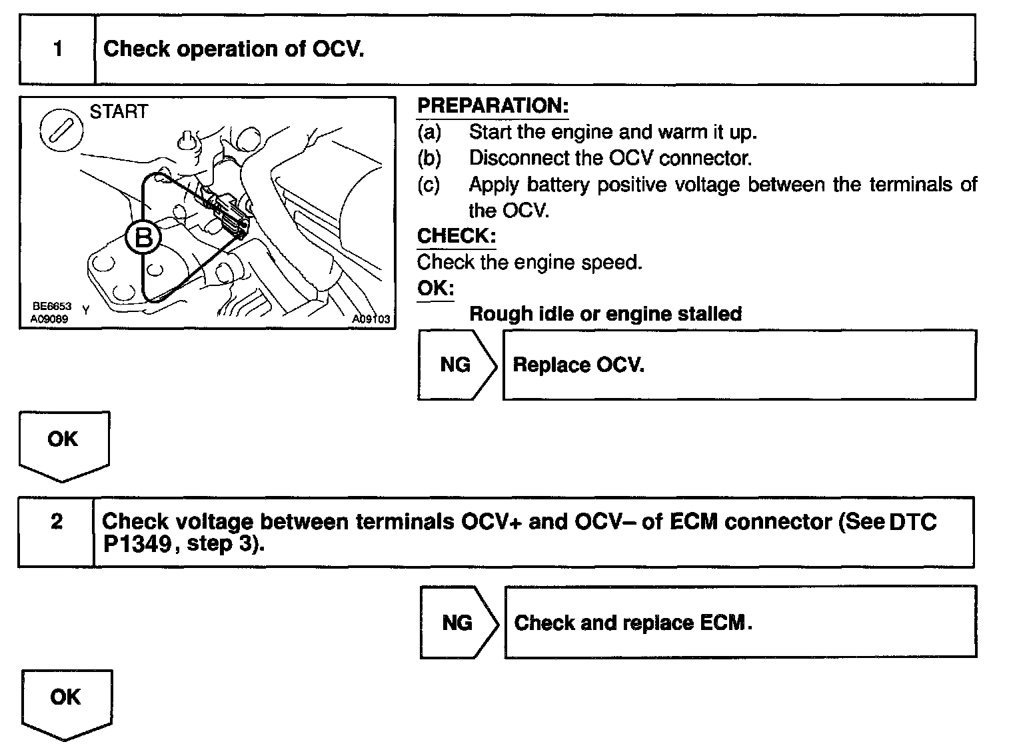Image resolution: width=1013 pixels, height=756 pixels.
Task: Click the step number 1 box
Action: coord(58,50)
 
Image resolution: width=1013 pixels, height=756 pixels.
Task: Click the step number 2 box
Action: coord(57,531)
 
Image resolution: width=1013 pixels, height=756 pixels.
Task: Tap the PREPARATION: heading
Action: coord(493,106)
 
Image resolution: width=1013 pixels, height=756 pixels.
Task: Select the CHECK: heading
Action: coord(457,236)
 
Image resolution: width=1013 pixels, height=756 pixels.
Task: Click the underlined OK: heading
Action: coord(435,289)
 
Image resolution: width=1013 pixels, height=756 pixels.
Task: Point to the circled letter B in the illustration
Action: coord(143,237)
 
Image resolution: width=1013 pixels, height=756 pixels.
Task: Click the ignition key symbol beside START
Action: coord(61,129)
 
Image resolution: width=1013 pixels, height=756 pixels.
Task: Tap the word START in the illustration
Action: coord(119,111)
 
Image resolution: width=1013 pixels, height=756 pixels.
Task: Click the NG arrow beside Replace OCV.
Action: coord(457,365)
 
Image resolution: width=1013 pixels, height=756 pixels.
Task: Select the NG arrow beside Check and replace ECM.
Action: coord(459,623)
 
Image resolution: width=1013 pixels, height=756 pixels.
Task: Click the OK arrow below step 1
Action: coord(63,443)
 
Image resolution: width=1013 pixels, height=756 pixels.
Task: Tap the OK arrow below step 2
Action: coord(66,702)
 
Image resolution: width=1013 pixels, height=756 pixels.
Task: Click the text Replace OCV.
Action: coord(578,365)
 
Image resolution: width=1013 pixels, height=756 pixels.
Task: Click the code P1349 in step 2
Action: coord(135,545)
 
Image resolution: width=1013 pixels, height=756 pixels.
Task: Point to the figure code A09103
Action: coord(371,319)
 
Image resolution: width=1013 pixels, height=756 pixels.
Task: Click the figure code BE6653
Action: coord(52,306)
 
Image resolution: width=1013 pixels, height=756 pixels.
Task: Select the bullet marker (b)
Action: coord(429,159)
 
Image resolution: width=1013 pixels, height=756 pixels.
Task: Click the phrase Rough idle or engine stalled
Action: coord(605,314)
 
